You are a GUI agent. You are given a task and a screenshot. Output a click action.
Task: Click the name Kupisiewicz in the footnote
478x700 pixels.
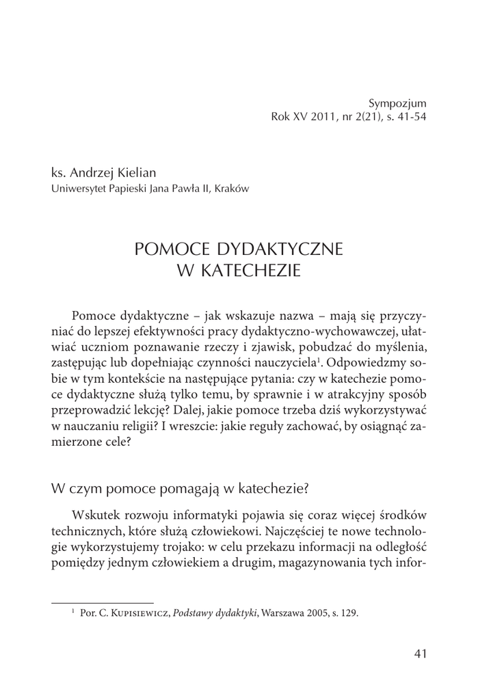point(137,613)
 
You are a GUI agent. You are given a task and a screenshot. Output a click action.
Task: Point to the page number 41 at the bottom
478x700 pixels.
point(421,654)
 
